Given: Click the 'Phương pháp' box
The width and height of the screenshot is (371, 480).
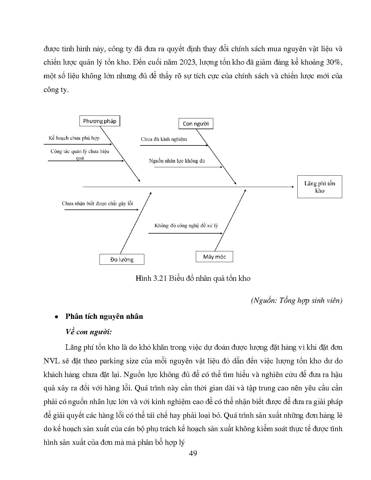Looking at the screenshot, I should click(x=100, y=121).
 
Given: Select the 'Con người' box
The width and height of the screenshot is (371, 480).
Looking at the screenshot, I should click(x=196, y=124).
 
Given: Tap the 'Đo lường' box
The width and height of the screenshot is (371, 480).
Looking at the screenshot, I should click(x=122, y=259).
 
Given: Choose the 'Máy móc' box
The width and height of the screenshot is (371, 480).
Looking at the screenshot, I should click(x=214, y=257).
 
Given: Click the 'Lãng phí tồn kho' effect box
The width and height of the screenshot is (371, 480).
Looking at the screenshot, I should click(x=319, y=187).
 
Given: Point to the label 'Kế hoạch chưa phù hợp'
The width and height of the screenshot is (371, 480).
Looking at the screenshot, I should click(x=74, y=138).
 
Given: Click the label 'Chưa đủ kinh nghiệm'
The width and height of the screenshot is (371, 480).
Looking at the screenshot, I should click(x=164, y=139).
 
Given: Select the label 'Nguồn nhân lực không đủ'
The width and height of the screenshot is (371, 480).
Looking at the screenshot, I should click(x=177, y=161).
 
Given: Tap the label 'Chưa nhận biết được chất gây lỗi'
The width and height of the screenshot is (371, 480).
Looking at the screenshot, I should click(x=97, y=203).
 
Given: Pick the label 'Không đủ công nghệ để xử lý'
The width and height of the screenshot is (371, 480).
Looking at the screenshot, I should click(x=186, y=225).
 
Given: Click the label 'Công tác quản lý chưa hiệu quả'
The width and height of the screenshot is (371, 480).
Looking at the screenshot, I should click(x=80, y=154).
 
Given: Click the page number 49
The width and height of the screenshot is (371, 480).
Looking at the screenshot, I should click(x=193, y=453).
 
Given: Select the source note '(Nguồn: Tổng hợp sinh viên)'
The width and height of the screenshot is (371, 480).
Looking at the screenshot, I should click(x=296, y=300).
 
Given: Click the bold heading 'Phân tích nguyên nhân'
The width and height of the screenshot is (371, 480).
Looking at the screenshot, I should click(x=104, y=316).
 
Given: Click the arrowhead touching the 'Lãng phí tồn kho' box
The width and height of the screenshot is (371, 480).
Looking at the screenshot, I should click(x=293, y=187).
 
